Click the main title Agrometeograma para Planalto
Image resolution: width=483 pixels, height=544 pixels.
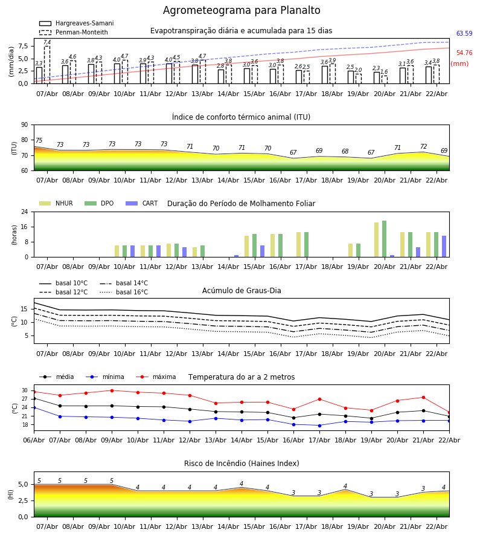point(241,11)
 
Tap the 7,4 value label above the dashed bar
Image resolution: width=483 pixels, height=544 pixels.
point(47,42)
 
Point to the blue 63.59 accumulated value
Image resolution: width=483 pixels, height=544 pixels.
point(464,34)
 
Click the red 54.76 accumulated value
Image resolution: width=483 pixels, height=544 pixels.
point(464,53)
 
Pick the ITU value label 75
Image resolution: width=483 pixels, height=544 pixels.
point(39,140)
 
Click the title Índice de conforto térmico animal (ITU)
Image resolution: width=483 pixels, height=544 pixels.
point(241,117)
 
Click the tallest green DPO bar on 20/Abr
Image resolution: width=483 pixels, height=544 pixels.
point(384,239)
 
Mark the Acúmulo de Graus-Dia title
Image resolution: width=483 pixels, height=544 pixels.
point(241,291)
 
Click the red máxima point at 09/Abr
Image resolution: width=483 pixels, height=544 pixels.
point(112,390)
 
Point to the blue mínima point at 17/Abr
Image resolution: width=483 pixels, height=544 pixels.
point(319,426)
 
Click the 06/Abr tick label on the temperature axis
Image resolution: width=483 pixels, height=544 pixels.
point(34,439)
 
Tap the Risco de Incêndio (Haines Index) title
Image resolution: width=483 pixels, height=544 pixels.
point(241,464)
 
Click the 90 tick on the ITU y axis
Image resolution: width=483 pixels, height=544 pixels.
point(24,125)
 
